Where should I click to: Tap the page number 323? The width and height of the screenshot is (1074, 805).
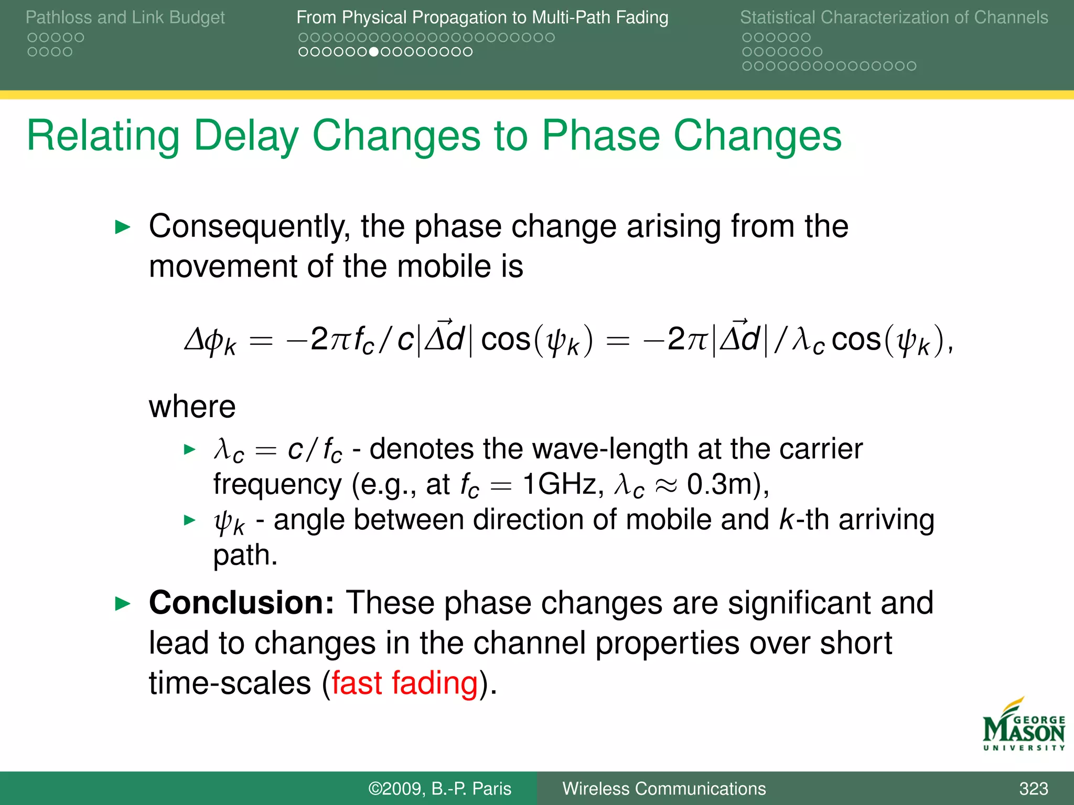click(x=1033, y=788)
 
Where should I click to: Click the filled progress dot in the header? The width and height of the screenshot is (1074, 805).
click(x=373, y=52)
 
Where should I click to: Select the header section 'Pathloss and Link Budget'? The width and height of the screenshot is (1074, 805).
click(x=125, y=17)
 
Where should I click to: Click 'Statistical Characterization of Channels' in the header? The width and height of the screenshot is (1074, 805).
click(x=894, y=17)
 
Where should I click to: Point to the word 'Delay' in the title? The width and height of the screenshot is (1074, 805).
click(x=245, y=136)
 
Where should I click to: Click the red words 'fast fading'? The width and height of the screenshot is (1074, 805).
click(x=404, y=683)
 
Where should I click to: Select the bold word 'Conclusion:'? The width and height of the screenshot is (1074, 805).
click(x=241, y=603)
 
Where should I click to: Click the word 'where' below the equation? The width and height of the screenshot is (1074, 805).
click(x=192, y=407)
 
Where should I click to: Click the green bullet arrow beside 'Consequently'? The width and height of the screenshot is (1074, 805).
click(x=122, y=227)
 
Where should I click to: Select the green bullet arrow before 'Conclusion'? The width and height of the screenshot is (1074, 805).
click(x=122, y=604)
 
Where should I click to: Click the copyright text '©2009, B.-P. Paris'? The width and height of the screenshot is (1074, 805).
click(x=439, y=788)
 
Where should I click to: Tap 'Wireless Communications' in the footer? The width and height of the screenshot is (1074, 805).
click(x=664, y=788)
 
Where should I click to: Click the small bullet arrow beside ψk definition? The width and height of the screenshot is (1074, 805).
click(x=189, y=520)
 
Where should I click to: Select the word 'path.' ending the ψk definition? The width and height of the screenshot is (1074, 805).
click(x=245, y=555)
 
